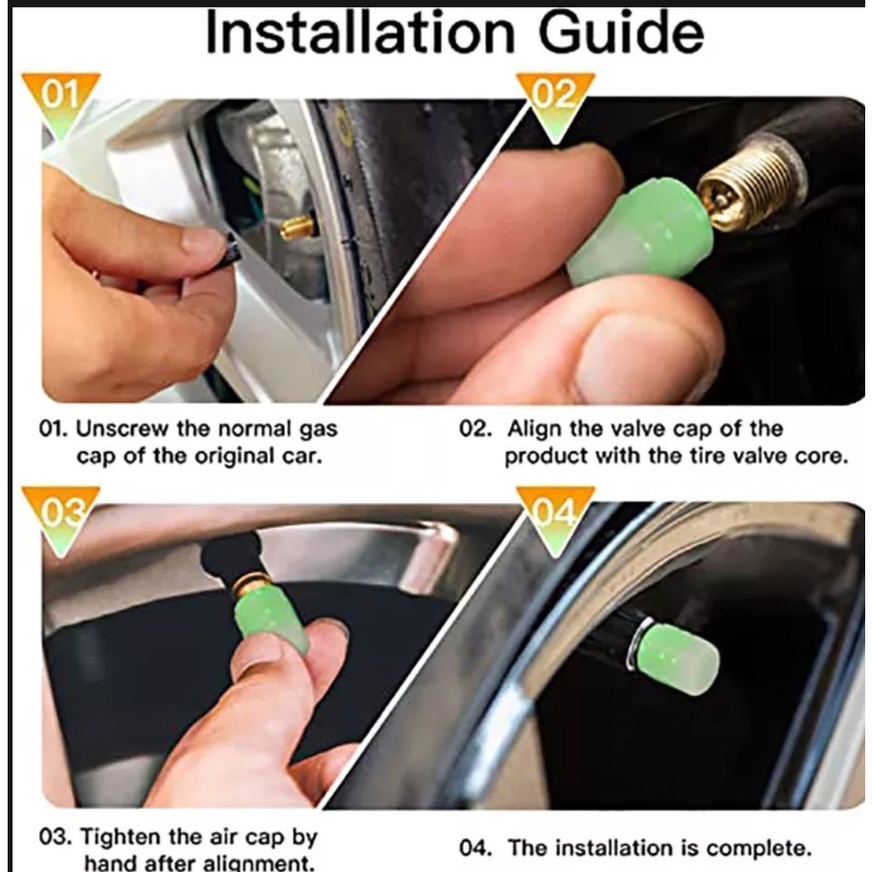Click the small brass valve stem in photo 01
295,227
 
